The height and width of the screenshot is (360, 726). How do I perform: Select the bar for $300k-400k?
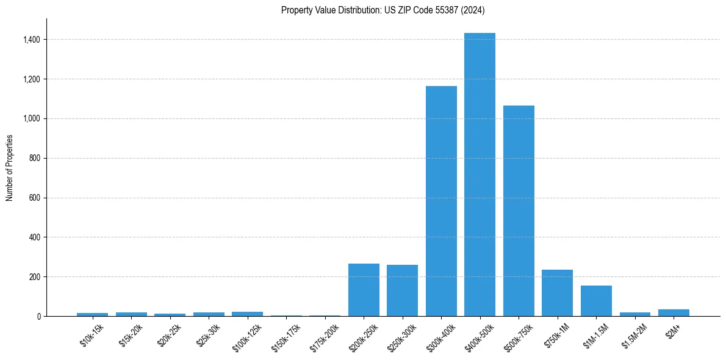[x=441, y=201]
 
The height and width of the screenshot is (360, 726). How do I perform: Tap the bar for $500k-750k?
[x=519, y=211]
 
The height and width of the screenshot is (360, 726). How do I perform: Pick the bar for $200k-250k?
[x=364, y=290]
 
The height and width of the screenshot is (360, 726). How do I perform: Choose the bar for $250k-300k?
[x=402, y=290]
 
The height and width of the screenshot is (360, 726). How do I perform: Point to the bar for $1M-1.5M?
[x=596, y=301]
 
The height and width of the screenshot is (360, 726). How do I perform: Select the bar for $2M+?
[x=674, y=312]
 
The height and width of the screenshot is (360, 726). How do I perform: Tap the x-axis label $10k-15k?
[x=92, y=335]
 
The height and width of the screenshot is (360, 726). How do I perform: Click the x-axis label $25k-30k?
[x=207, y=335]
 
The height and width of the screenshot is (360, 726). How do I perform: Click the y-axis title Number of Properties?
[x=10, y=168]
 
